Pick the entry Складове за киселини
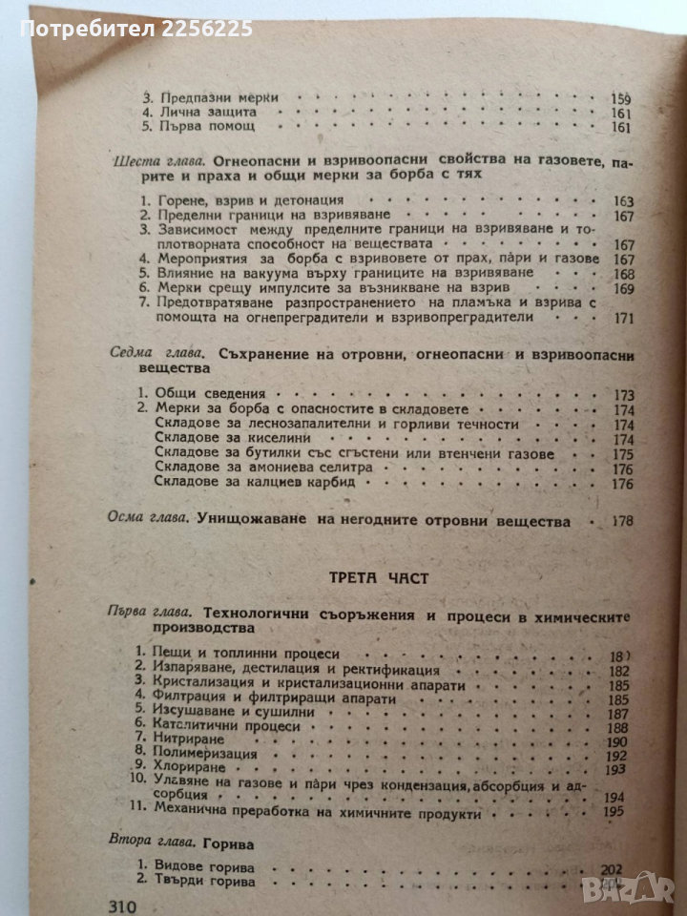(x=217, y=439)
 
